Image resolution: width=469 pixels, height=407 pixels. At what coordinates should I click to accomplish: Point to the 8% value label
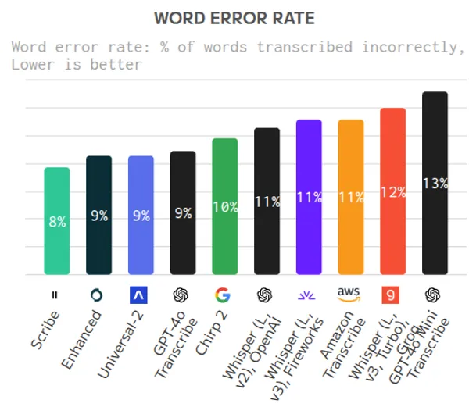[x=57, y=222]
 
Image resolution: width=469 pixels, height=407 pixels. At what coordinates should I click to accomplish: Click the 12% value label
[x=393, y=192]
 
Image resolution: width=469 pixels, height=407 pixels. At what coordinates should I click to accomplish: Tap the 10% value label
[x=225, y=207]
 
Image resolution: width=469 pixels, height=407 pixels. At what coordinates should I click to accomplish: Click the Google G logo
[x=223, y=295]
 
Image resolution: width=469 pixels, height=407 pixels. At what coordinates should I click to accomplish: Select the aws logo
[x=349, y=294]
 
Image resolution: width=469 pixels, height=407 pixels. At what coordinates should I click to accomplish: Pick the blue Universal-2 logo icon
[x=138, y=295]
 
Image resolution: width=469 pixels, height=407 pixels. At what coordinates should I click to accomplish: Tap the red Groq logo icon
[x=392, y=295]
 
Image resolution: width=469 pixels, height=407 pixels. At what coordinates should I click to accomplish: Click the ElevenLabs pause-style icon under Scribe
[x=54, y=295]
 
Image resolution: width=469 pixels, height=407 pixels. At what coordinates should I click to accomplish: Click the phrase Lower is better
[x=77, y=64]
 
